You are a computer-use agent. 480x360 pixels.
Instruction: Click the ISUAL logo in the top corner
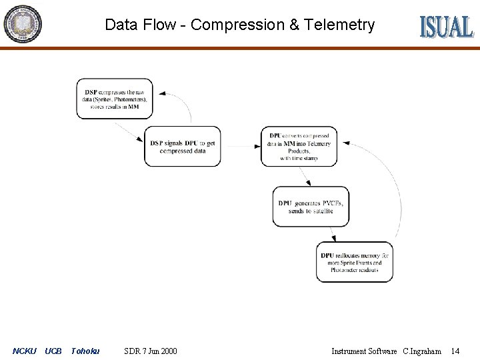tap(446, 26)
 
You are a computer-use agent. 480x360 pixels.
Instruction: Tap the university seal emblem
tap(23, 23)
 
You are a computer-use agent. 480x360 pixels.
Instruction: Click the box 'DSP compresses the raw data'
tap(115, 99)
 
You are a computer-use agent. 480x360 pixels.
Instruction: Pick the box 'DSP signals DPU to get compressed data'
tap(182, 147)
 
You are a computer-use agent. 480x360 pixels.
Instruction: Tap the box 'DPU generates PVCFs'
tap(311, 207)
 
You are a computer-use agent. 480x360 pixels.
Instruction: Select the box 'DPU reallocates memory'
tap(354, 262)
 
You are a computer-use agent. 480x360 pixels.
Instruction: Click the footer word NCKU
tap(25, 351)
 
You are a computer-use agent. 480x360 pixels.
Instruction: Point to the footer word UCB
tap(53, 351)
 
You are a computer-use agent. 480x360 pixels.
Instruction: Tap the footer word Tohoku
tap(85, 351)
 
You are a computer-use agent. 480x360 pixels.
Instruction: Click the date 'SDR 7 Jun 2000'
tap(151, 351)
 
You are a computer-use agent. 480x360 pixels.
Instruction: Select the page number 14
tap(455, 351)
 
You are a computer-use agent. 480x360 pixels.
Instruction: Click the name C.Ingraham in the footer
tap(422, 351)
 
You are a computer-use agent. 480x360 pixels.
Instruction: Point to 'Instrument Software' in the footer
tap(364, 351)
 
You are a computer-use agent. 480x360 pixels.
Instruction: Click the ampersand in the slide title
tap(294, 25)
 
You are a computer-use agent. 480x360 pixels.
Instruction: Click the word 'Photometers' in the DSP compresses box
tap(127, 99)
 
